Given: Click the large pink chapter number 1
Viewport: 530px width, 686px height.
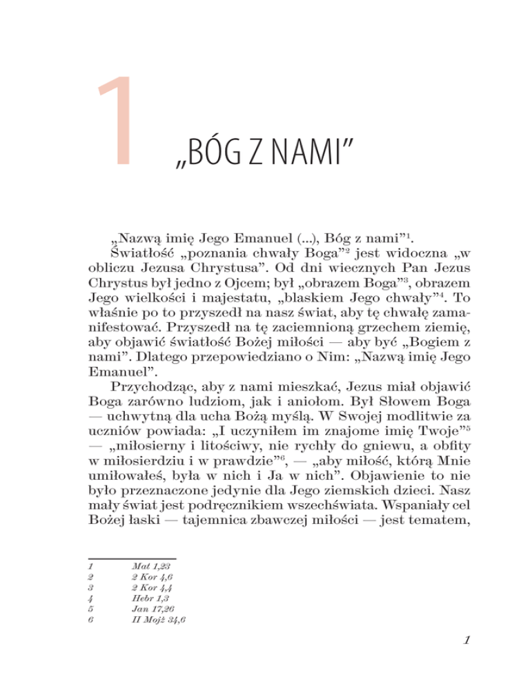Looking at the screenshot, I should tap(114, 122).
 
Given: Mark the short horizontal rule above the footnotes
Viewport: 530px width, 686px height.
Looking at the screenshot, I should tap(133, 558).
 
